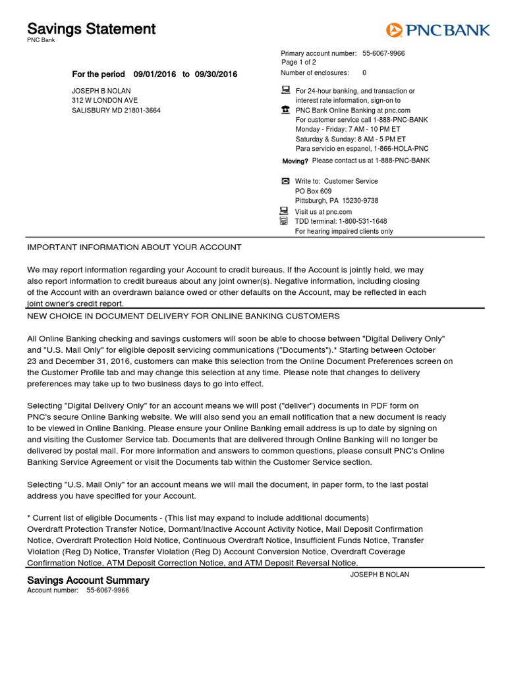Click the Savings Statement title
[x=91, y=29]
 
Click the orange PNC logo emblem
[x=394, y=30]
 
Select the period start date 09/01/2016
[x=155, y=74]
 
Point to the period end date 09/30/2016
[x=216, y=74]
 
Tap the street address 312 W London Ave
[x=105, y=101]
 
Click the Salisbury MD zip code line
[x=116, y=111]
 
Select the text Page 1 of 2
[x=299, y=63]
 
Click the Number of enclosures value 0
[x=364, y=73]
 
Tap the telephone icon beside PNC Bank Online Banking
[x=285, y=111]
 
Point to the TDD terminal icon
[x=285, y=222]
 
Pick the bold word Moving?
[x=295, y=161]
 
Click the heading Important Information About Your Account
[x=134, y=247]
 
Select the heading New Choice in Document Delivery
[x=183, y=317]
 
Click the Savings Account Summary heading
[x=88, y=581]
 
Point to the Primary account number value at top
[x=383, y=53]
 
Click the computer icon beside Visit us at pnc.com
[x=285, y=211]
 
